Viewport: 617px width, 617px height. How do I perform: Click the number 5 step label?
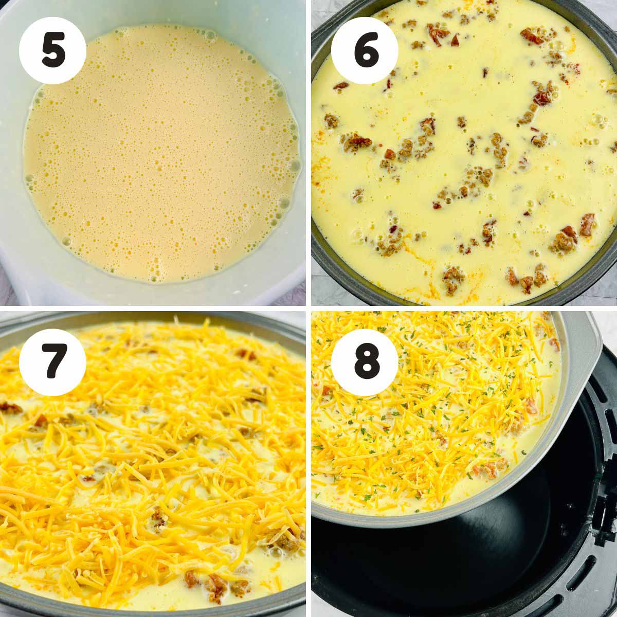click(53, 51)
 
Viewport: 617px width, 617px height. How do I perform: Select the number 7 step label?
click(52, 362)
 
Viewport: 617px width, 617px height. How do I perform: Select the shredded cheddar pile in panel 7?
click(154, 448)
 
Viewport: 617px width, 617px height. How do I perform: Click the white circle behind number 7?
click(52, 362)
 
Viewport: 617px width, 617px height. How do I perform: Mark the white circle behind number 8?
click(365, 362)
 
